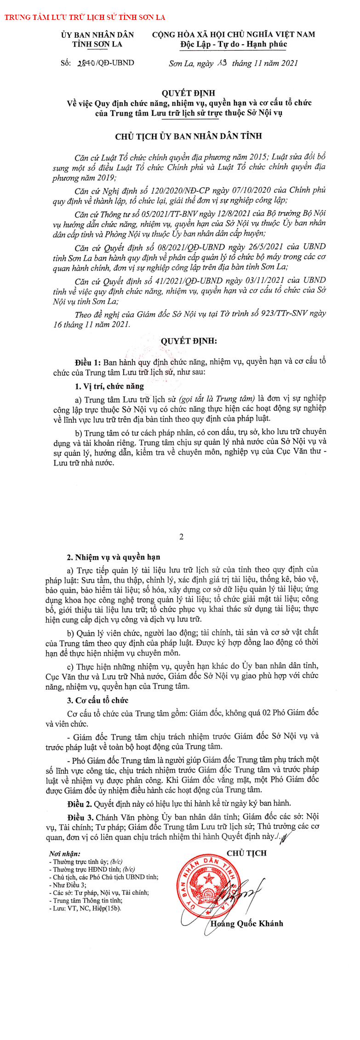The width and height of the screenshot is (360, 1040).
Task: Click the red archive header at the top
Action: tap(85, 17)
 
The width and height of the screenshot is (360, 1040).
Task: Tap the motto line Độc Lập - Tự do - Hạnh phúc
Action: tap(234, 44)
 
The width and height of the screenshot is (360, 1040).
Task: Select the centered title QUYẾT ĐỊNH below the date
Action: tap(188, 93)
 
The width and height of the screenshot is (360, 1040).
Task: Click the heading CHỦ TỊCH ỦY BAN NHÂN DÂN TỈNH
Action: tap(188, 136)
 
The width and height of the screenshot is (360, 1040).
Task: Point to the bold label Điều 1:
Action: tap(88, 362)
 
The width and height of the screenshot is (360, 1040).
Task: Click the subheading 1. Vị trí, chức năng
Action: tap(109, 386)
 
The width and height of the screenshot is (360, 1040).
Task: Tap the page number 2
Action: tap(181, 537)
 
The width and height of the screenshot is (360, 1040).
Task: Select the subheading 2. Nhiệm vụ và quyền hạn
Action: tap(114, 557)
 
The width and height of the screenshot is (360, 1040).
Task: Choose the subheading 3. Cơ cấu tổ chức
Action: tap(97, 700)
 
